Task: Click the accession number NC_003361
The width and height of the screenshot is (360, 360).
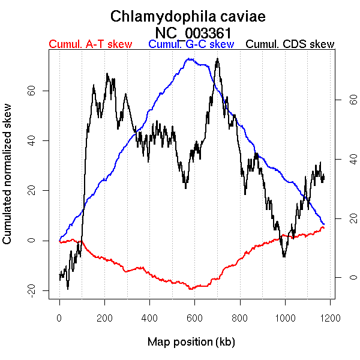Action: (x=193, y=32)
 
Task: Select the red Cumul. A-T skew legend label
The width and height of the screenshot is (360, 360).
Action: (x=90, y=44)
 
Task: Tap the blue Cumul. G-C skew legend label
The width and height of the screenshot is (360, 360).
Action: (x=191, y=44)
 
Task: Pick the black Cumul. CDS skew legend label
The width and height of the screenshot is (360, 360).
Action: (x=290, y=44)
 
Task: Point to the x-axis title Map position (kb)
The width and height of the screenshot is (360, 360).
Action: (x=191, y=342)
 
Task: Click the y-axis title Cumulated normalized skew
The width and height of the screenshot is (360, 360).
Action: (x=8, y=181)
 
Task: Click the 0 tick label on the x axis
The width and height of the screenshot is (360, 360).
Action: (x=59, y=317)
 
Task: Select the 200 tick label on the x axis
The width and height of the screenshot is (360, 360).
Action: (x=104, y=317)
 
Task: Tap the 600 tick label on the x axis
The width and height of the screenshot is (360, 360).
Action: (x=194, y=317)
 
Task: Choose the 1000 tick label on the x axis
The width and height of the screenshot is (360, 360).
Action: (x=284, y=317)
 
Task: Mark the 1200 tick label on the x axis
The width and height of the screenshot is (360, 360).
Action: (x=329, y=317)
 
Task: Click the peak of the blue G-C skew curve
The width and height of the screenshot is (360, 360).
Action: (x=190, y=59)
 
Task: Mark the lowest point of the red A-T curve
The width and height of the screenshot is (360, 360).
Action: (x=191, y=289)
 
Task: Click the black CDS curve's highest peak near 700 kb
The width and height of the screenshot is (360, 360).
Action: (x=217, y=59)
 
